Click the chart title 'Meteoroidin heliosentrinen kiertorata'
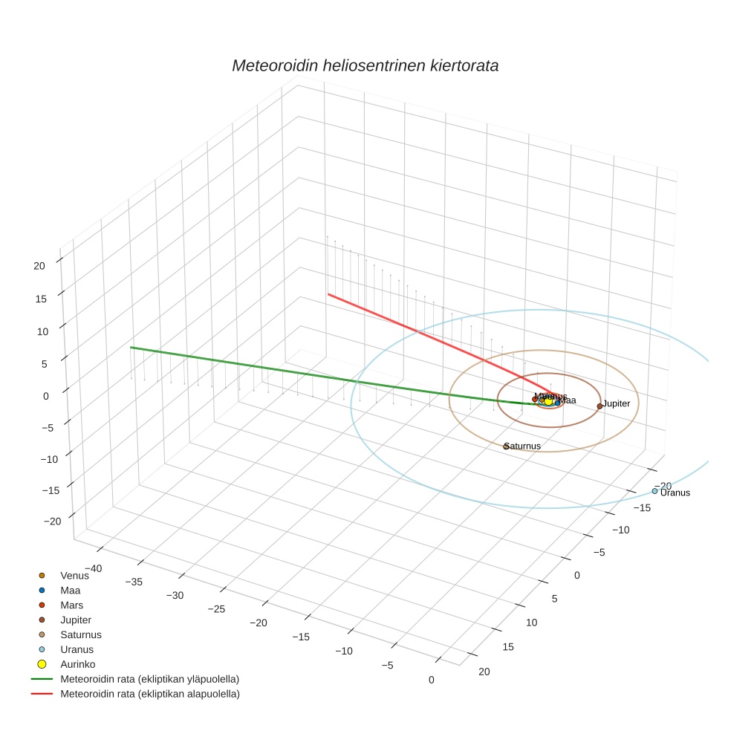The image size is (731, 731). (365, 65)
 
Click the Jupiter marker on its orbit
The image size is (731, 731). (600, 406)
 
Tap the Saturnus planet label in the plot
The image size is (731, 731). (523, 446)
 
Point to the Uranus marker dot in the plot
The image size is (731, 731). (654, 491)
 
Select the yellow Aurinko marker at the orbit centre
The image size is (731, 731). (548, 401)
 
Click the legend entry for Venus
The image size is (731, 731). (74, 575)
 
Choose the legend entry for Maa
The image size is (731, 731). (71, 590)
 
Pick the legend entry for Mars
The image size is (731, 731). (72, 605)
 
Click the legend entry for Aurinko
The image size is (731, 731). (77, 664)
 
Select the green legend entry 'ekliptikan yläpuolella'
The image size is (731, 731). (149, 679)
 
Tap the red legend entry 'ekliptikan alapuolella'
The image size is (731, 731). (149, 694)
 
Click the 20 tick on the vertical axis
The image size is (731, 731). (40, 265)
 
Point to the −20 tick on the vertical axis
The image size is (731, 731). (52, 521)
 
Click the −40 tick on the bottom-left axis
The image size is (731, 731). (93, 568)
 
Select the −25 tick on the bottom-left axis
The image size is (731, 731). (215, 608)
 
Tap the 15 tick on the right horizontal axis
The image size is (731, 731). (508, 646)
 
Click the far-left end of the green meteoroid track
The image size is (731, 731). (131, 347)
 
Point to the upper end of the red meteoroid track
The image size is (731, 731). (328, 294)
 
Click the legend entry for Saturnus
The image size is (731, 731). (80, 634)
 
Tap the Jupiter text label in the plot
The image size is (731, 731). (616, 403)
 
